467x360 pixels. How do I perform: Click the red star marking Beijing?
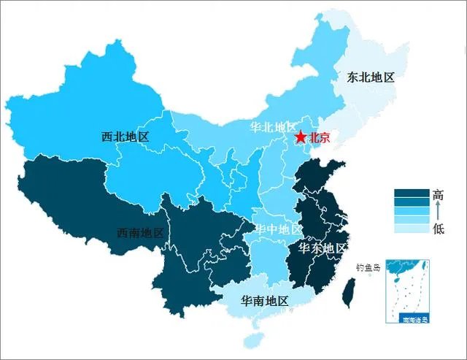301,137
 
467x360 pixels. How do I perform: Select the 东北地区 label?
370,76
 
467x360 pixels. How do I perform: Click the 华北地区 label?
274,127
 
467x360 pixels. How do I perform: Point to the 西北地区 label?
126,136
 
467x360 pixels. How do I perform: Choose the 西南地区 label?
141,233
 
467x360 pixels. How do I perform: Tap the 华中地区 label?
277,229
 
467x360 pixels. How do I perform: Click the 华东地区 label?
323,248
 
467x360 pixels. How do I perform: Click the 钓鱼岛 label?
368,267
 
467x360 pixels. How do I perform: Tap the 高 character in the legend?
438,195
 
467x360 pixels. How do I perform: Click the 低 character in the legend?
438,229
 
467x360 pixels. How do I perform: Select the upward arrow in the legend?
438,212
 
